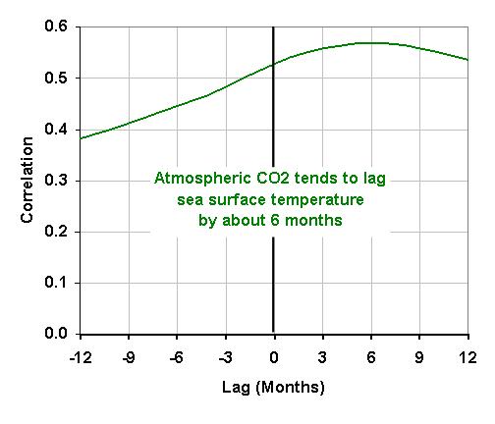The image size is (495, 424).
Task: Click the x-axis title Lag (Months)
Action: [x=273, y=387]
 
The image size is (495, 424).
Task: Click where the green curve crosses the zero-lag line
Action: [x=273, y=65]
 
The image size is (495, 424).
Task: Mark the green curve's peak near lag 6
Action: [x=370, y=42]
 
